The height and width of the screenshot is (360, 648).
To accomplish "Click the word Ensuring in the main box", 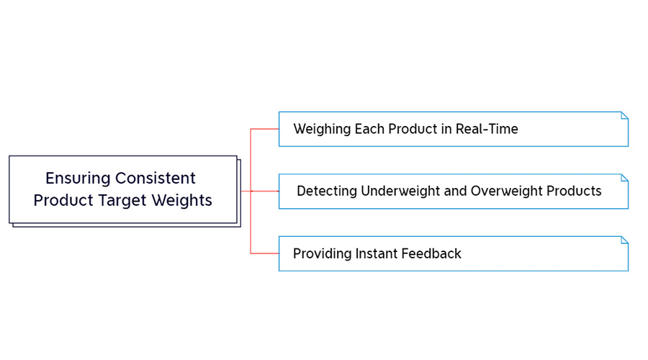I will tap(77, 178).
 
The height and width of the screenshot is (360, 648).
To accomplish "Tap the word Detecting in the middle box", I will tap(327, 192).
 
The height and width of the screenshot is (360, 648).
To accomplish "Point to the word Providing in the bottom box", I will tap(322, 253).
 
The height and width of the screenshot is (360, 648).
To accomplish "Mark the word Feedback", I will tap(434, 253).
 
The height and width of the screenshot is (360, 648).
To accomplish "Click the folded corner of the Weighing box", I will tap(625, 115).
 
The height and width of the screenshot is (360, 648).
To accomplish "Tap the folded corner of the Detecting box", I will tap(625, 177).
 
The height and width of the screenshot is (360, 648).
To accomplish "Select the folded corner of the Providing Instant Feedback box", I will tap(625, 240).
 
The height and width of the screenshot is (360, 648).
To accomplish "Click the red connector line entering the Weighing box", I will tap(265, 129).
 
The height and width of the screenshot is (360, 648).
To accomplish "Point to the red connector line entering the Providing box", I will tap(265, 253).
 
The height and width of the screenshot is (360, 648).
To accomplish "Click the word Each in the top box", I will tap(370, 130).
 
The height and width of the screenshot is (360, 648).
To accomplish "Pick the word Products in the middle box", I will tap(574, 192).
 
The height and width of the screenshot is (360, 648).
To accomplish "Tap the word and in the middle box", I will tap(456, 192).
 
